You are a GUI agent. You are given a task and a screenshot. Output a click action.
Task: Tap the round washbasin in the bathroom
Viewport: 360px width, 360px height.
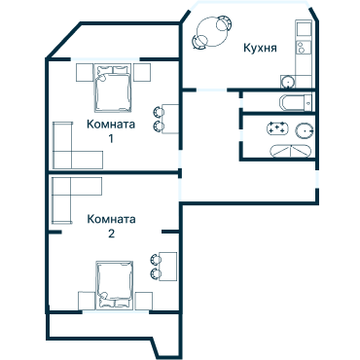coord(305,130)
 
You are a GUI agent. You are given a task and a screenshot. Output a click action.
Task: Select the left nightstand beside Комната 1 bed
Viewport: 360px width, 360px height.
coord(82,73)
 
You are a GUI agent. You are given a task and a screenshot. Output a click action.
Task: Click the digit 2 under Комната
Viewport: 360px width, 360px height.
coord(111,234)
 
